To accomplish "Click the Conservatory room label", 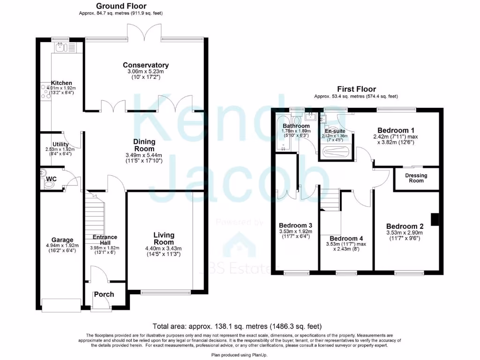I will tap(146, 65).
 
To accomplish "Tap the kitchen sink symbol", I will tap(61, 47).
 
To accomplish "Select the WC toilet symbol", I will tap(48, 185).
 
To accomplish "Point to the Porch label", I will tap(104, 294).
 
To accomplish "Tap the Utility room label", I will tap(61, 144).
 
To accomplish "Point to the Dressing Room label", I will tap(416, 178).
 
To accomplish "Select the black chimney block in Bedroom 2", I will tap(435, 219).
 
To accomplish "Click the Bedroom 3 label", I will tap(295, 225).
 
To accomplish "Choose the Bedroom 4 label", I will tap(346, 238).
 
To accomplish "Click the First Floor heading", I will tap(356, 89).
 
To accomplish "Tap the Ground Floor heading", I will tap(121, 6).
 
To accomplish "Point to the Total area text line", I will tap(237, 326).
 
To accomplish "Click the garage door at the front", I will tap(61, 305).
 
